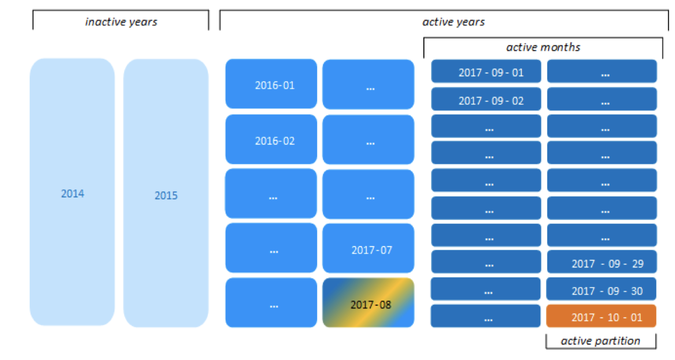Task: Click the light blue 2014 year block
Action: [x=72, y=192]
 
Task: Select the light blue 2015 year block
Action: [x=166, y=193]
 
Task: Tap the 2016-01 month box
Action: [x=271, y=84]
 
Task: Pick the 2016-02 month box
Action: [x=271, y=140]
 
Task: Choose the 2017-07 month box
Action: [x=368, y=248]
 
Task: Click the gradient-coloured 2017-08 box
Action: [x=368, y=303]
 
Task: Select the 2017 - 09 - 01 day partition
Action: [x=486, y=71]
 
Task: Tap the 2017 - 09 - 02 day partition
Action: [x=486, y=99]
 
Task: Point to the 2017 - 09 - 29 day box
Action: [x=602, y=262]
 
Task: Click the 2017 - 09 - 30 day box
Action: [x=601, y=289]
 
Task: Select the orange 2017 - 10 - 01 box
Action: [x=601, y=316]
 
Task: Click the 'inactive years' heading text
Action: [x=121, y=22]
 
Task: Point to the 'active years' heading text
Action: [x=454, y=22]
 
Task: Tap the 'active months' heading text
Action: [x=543, y=47]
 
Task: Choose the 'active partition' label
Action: [x=601, y=341]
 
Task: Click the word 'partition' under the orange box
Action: [x=618, y=341]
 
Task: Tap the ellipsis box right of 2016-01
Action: [x=368, y=84]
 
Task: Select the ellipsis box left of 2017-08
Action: [x=271, y=303]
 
